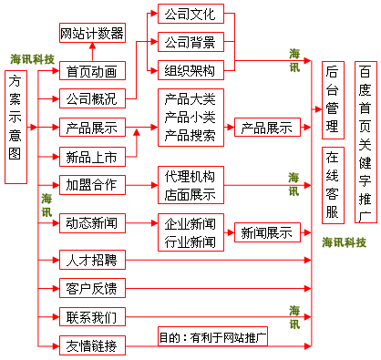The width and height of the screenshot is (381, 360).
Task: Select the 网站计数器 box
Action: (x=91, y=35)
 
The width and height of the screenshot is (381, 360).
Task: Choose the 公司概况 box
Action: (x=91, y=98)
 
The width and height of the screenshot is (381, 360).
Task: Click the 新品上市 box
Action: (x=91, y=155)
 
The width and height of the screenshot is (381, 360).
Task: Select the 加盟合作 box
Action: (x=91, y=184)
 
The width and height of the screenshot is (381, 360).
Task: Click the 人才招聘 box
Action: (x=91, y=261)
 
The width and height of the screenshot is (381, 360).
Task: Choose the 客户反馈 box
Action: (x=91, y=289)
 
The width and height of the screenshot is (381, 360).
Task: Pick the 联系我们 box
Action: (x=91, y=317)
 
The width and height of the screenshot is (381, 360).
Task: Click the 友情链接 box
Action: (x=91, y=345)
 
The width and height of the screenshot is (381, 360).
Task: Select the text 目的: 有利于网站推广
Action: (x=211, y=338)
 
